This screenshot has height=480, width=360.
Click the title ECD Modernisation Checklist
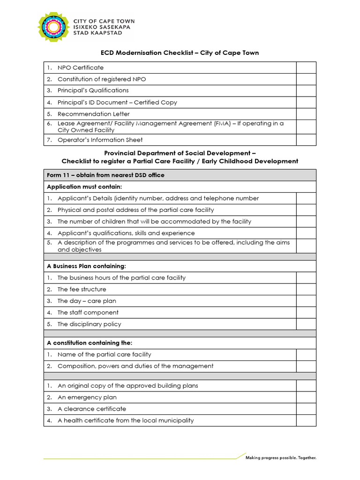[180, 53]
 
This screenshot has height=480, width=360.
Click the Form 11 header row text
[105, 175]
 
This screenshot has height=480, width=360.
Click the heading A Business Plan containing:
[86, 266]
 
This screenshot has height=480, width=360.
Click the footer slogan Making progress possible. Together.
[281, 457]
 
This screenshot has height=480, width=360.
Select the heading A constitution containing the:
[90, 343]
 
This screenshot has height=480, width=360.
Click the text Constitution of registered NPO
[102, 79]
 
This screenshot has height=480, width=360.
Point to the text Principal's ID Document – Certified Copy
[117, 102]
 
